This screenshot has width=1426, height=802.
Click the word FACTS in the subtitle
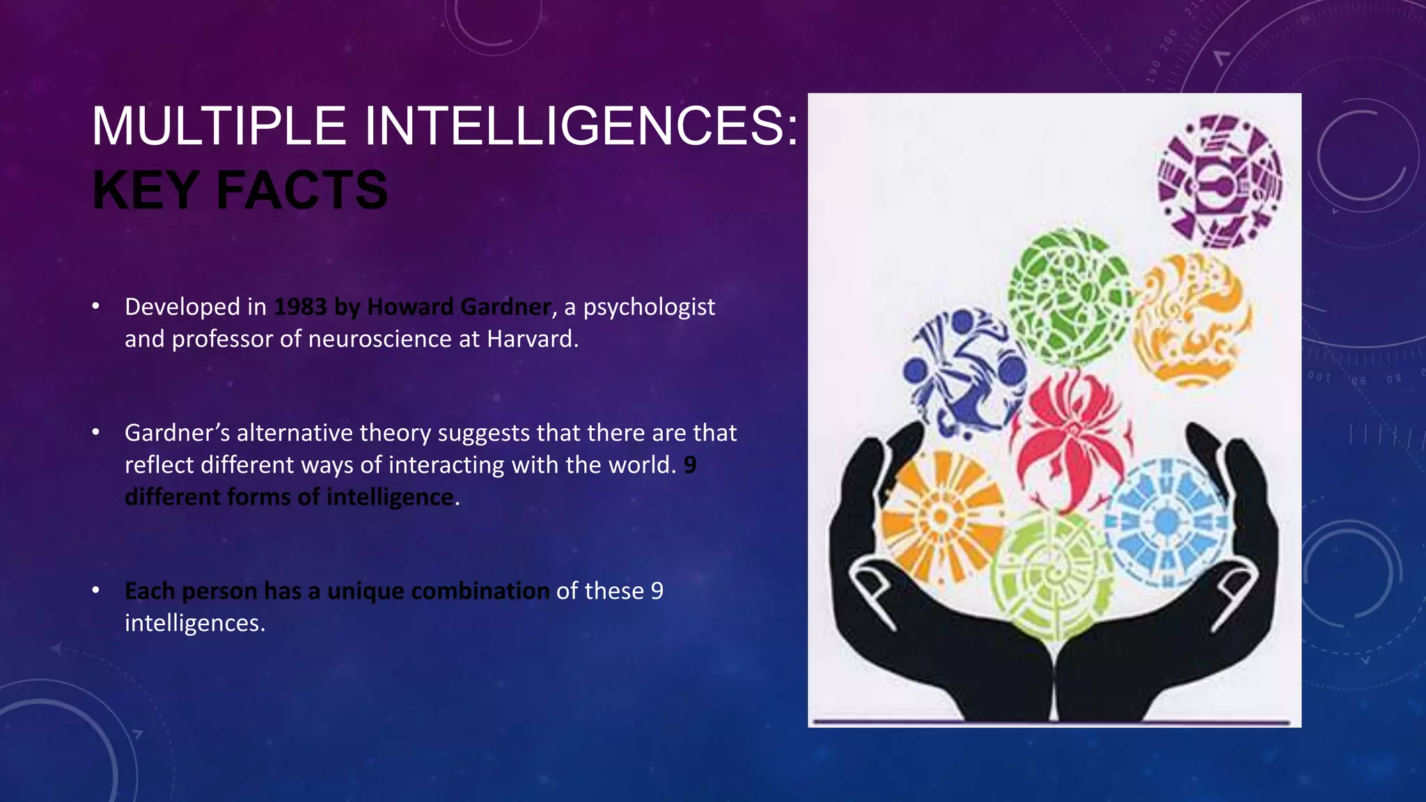click(x=302, y=190)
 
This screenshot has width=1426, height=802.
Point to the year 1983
click(x=300, y=306)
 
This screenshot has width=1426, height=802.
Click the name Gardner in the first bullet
click(x=506, y=306)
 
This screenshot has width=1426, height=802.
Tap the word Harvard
click(x=532, y=339)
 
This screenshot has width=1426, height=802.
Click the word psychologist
click(x=649, y=307)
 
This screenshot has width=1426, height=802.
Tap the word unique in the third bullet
click(x=366, y=591)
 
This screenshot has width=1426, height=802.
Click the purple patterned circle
click(x=1219, y=180)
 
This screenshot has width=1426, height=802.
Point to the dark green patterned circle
click(x=1069, y=297)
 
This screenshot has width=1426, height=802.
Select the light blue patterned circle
click(x=1166, y=521)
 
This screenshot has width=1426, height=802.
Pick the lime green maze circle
click(x=1052, y=575)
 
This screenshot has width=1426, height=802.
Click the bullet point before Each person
click(x=96, y=591)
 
